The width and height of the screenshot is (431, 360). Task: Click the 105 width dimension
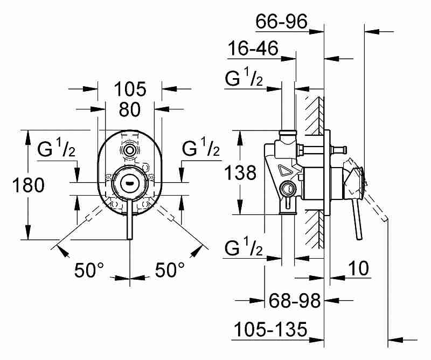130,89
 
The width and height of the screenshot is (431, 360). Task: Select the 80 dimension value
130,109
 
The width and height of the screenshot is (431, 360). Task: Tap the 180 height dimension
29,185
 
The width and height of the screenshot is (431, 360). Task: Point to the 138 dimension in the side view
240,172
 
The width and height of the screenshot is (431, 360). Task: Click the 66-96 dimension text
281,21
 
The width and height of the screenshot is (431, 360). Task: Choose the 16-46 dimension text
253,48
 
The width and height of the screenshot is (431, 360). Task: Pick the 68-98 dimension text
294,300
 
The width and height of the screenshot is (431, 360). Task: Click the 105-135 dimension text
270,329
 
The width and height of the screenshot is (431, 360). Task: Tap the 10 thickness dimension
358,268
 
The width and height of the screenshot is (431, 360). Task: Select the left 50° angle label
89,270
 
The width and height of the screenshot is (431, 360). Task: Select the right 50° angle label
170,269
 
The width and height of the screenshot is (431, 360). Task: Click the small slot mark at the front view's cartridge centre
128,182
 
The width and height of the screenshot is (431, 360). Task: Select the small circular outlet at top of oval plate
128,150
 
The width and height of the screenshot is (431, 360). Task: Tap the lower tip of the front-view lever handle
129,239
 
